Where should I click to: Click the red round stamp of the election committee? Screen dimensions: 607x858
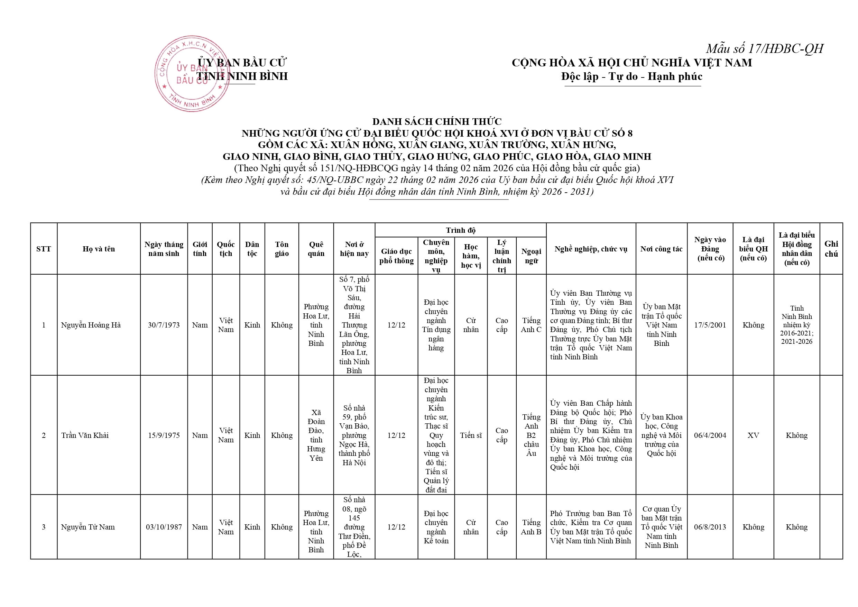192,74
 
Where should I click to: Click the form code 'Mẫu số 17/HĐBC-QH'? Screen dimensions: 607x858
764,48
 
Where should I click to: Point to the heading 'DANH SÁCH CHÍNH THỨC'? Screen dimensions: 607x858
436,121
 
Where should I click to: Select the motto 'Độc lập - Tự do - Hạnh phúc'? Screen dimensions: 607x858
631,77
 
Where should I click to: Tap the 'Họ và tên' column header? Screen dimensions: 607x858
99,249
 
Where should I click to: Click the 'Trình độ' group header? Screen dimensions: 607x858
460,230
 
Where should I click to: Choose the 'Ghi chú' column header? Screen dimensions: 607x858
831,249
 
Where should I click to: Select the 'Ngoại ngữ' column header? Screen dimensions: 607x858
531,256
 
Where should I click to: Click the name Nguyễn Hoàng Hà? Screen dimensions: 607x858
91,325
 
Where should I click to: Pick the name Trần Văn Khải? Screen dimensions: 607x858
85,435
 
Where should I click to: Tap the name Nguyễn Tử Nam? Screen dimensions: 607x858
88,527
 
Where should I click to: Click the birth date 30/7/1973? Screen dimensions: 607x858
164,325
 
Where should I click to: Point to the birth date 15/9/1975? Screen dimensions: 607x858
164,435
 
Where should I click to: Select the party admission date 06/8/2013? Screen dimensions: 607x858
710,527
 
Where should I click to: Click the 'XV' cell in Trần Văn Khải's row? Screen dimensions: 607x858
753,435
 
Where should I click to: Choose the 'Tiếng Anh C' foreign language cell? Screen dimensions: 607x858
531,325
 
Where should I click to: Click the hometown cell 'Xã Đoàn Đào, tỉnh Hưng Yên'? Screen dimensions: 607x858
316,435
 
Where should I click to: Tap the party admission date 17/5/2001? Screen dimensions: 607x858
710,325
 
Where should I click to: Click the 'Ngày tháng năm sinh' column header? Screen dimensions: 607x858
164,249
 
